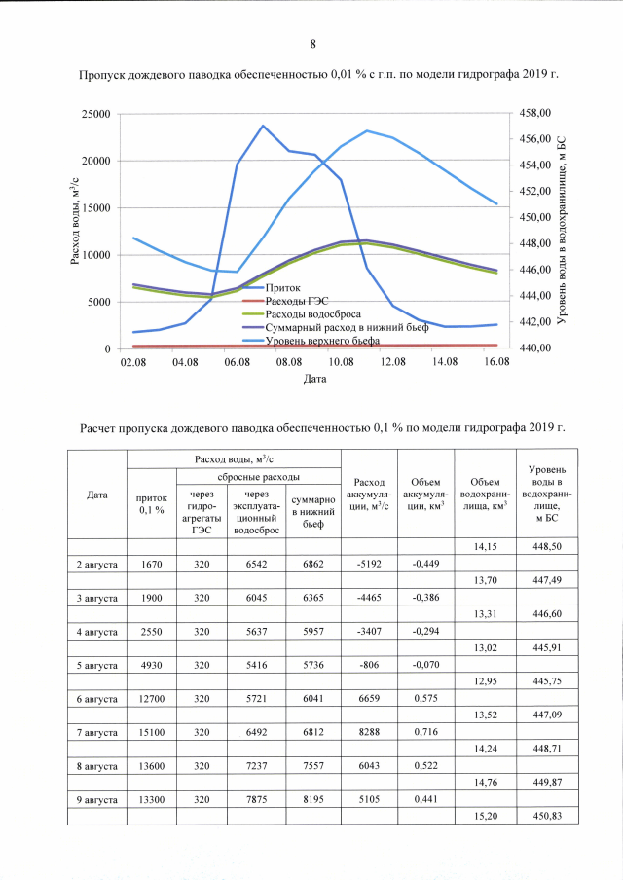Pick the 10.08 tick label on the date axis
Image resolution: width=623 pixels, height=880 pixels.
340,362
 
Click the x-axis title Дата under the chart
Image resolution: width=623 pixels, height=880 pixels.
313,379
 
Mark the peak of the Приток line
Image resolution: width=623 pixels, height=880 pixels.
263,126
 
